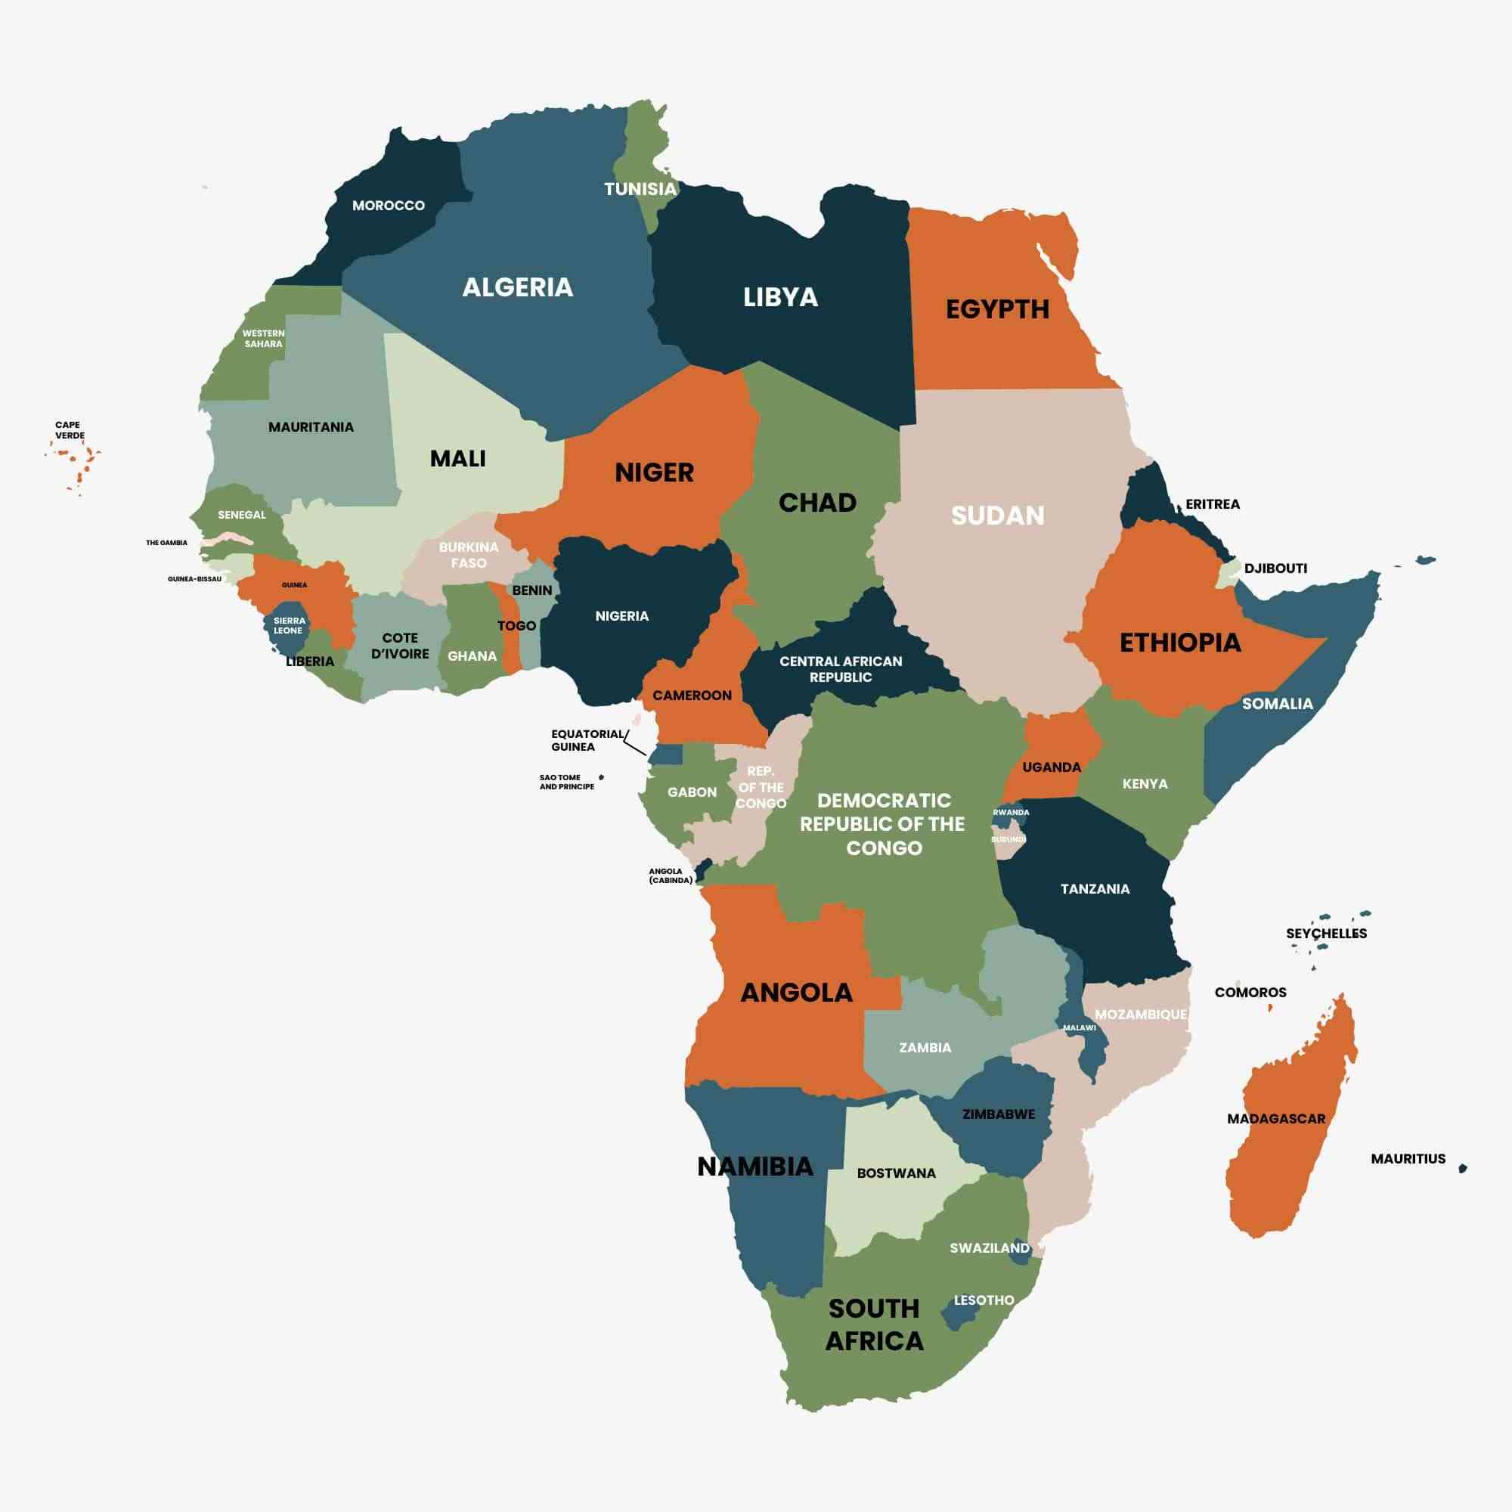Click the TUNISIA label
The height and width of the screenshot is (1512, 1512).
coord(640,188)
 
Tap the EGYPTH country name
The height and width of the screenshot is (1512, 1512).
coord(997,309)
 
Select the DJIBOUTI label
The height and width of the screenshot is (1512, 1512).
coord(1275,569)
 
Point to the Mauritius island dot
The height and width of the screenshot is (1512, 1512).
coord(1462,1169)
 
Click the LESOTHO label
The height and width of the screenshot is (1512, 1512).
coord(984,1300)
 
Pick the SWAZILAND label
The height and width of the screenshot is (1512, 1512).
coord(989,1247)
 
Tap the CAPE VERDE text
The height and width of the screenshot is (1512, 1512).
coord(70,430)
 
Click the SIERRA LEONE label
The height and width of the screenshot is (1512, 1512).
coord(289,625)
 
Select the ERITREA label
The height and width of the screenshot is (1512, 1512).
coord(1213,504)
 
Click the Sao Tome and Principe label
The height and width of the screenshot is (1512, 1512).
coord(565,782)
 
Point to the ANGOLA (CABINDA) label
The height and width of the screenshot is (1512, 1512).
coord(670,875)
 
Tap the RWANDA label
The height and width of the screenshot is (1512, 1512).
coord(1010,813)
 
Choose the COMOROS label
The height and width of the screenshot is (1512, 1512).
coord(1250,993)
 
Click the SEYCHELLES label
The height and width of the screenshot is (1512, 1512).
coord(1326,934)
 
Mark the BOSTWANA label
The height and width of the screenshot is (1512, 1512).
coord(896,1173)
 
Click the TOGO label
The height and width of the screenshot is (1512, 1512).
coord(516,625)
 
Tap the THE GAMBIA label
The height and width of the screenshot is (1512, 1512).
coord(166,542)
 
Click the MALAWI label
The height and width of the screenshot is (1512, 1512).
coord(1079,1027)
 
